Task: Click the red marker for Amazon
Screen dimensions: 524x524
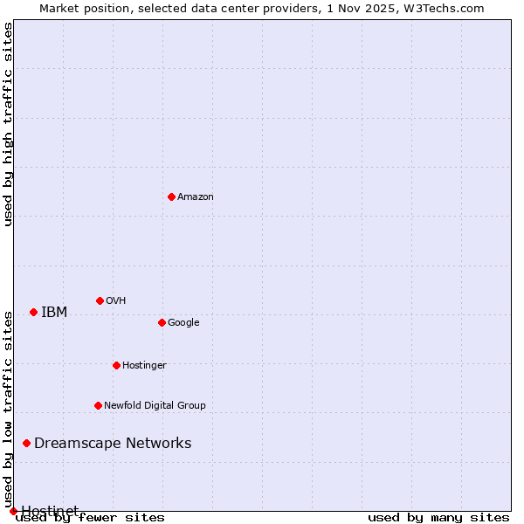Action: (171, 196)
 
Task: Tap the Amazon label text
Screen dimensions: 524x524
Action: (196, 197)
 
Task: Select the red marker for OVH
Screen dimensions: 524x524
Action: (100, 300)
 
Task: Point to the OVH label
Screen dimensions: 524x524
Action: (116, 301)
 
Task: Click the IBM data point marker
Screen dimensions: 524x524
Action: (33, 312)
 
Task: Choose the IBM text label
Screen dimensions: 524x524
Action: (54, 313)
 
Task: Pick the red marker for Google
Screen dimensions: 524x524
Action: (162, 322)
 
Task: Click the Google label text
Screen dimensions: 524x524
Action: (183, 323)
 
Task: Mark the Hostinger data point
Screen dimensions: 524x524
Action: (116, 365)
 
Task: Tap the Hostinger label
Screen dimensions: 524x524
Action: (144, 366)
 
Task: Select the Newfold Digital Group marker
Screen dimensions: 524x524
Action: (98, 405)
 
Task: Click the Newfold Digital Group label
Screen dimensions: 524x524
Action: (155, 406)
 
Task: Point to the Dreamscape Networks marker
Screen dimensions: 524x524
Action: (26, 443)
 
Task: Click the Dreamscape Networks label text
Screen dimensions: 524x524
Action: (113, 444)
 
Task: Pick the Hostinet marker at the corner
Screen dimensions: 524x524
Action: (13, 511)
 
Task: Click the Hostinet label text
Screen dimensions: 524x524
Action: (50, 511)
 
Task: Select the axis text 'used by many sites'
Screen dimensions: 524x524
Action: (438, 517)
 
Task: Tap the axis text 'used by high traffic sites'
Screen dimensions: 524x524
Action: (9, 124)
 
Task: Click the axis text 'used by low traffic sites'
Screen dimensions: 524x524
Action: (9, 410)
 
